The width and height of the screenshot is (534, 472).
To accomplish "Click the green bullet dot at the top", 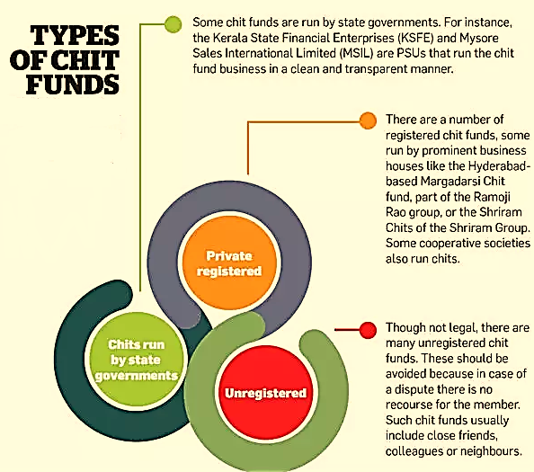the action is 173,24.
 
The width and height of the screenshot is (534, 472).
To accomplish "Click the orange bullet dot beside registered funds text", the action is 369,120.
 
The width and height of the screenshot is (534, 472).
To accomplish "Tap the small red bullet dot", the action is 369,330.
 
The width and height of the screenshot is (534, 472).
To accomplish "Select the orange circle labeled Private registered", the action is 229,263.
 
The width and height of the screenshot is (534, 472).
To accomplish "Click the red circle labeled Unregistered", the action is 265,394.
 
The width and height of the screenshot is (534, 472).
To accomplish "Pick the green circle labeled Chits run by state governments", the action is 137,360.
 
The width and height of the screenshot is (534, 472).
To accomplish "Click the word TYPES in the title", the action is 75,35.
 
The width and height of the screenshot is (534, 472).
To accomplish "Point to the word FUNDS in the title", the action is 73,85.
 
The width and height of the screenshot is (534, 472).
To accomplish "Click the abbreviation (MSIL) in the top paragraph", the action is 356,53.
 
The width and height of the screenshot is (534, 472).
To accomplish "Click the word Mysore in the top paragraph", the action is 479,39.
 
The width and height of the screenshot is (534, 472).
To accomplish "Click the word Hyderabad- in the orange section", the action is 499,166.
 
